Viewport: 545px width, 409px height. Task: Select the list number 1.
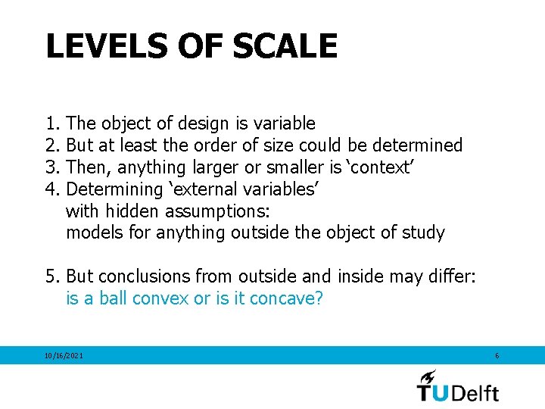click(x=51, y=123)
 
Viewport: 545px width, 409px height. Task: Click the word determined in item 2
click(x=417, y=145)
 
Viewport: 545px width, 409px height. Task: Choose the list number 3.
click(x=51, y=167)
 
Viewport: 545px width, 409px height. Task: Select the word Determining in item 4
click(x=114, y=189)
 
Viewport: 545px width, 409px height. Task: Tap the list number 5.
click(x=51, y=277)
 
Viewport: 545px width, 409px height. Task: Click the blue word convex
click(x=161, y=298)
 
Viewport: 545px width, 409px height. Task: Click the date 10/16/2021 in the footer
click(x=64, y=355)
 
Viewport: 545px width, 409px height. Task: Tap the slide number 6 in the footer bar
click(x=497, y=355)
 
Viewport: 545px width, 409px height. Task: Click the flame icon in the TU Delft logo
click(x=428, y=376)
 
